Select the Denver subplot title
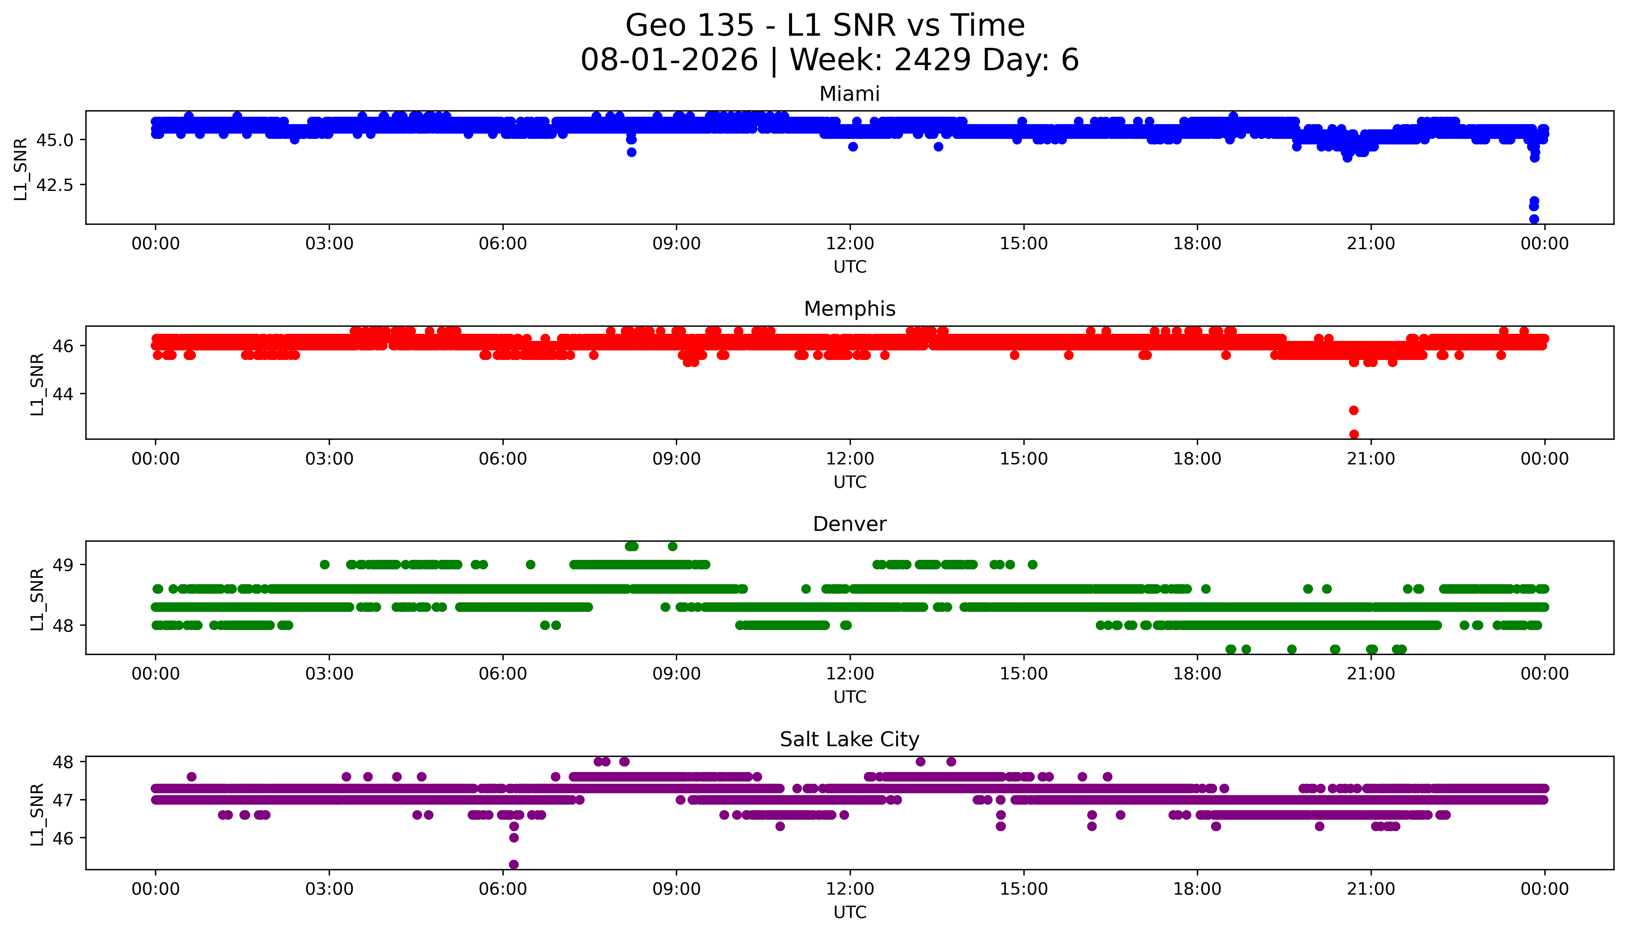point(849,524)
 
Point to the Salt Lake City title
point(849,740)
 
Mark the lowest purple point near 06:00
point(513,864)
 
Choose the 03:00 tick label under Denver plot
point(329,674)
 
